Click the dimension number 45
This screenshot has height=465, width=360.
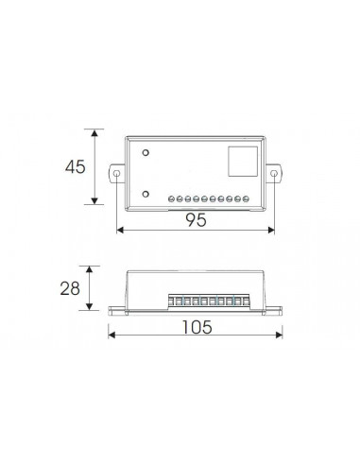pos(75,166)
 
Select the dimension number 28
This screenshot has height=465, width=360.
pos(70,287)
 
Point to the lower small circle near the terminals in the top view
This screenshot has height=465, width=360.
pos(146,193)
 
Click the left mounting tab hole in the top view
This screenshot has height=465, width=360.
pos(116,174)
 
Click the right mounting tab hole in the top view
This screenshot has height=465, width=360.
pos(275,174)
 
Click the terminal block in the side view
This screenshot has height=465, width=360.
pos(210,301)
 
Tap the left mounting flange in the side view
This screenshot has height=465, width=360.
pos(117,308)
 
